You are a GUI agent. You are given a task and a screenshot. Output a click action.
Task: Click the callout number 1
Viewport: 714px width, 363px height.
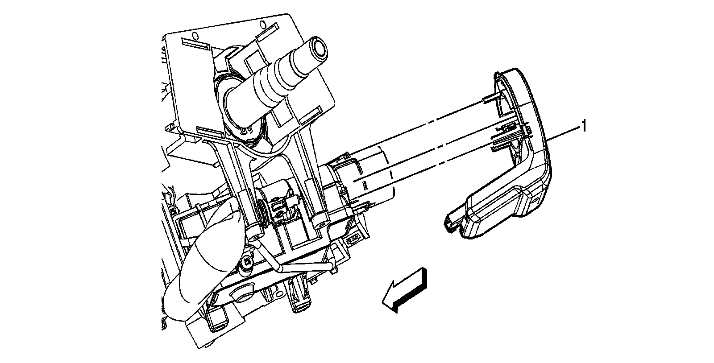pos(584,126)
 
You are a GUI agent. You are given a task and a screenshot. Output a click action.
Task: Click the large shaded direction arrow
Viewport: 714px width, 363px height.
pos(404,290)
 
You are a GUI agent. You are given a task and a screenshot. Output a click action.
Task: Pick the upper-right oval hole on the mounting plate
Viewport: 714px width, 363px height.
pos(263,24)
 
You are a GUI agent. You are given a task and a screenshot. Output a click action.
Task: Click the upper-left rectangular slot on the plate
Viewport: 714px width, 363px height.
pos(195,44)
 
